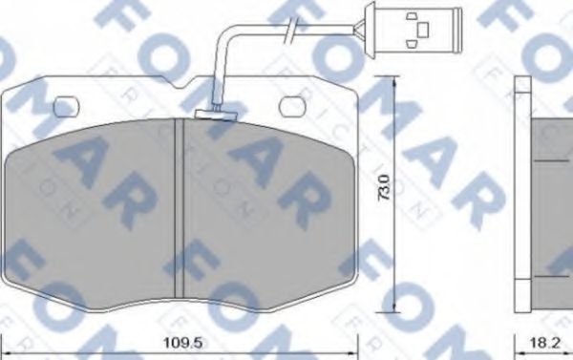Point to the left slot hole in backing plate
pos(67,105)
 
